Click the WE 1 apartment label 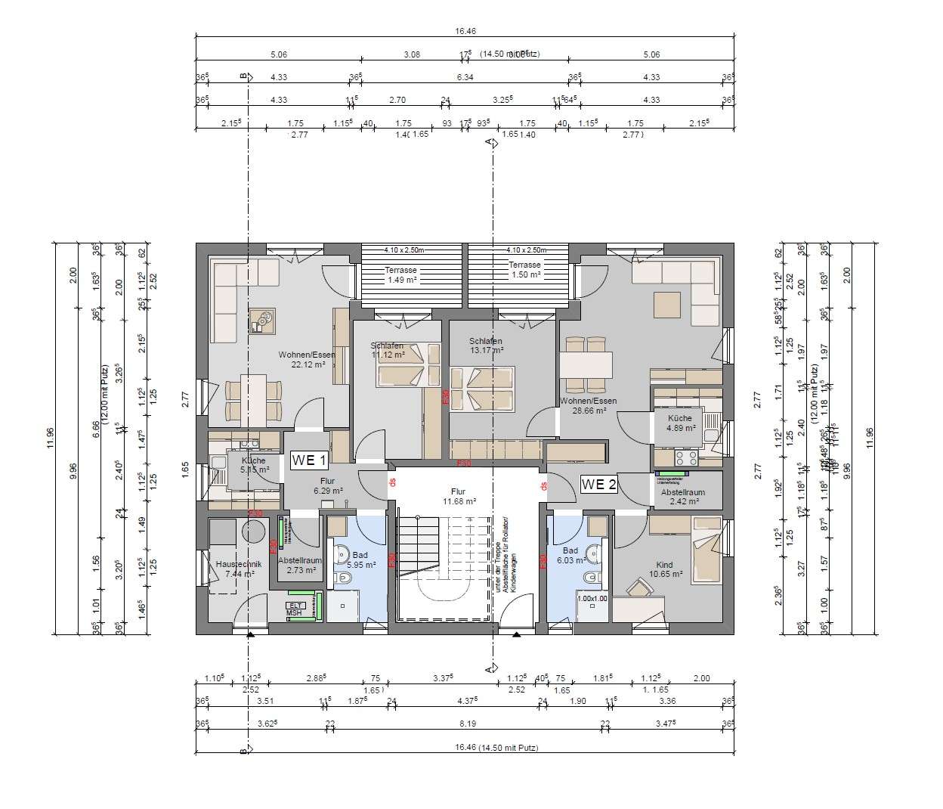point(309,460)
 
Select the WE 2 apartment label point(598,485)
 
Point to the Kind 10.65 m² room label point(665,569)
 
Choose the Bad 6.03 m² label point(570,556)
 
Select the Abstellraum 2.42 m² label point(682,496)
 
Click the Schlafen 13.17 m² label point(485,346)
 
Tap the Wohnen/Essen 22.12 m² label point(307,359)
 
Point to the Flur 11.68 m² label point(459,496)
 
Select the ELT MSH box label point(294,609)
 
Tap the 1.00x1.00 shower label point(592,599)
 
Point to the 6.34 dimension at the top point(465,77)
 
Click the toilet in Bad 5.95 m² point(343,578)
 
